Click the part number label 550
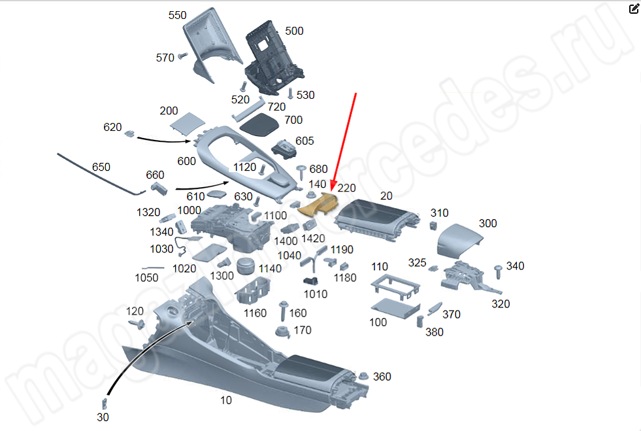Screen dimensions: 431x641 pyautogui.click(x=177, y=15)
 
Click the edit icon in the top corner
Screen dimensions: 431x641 pyautogui.click(x=634, y=9)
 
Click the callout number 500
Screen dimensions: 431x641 pyautogui.click(x=294, y=31)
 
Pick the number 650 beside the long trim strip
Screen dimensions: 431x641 pyautogui.click(x=101, y=167)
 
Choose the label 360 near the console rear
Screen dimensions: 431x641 pyautogui.click(x=382, y=377)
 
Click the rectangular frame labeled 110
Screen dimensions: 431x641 pyautogui.click(x=395, y=288)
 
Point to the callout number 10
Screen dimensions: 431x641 pyautogui.click(x=225, y=400)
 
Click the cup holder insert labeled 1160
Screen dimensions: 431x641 pyautogui.click(x=252, y=291)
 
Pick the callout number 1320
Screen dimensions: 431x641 pyautogui.click(x=148, y=213)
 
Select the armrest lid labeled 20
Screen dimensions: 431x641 pyautogui.click(x=374, y=220)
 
